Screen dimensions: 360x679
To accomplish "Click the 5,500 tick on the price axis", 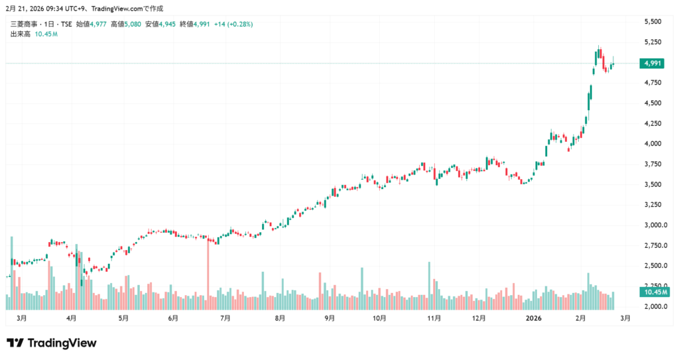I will click(652, 22).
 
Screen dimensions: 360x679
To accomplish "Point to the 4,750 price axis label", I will click(652, 83).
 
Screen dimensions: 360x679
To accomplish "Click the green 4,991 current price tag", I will click(652, 64).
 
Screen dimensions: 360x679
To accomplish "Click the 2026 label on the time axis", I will click(534, 318).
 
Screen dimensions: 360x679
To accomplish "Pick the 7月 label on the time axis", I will click(225, 318).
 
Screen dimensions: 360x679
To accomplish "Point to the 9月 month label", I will click(330, 318).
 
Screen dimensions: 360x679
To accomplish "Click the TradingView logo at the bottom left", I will click(52, 343).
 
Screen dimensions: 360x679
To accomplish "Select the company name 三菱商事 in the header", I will click(24, 25).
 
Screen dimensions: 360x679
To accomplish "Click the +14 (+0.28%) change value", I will click(232, 25).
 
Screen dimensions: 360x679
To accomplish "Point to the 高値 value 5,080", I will click(131, 25).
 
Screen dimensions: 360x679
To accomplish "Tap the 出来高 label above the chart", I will click(20, 34).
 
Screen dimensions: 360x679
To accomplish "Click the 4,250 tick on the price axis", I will click(652, 124).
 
